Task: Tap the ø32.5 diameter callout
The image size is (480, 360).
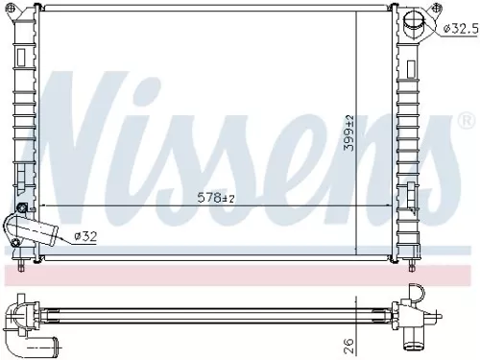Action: pos(460,29)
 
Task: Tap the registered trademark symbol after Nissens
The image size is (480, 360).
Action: pos(466,121)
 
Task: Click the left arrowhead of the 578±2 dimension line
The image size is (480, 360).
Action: pos(38,205)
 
